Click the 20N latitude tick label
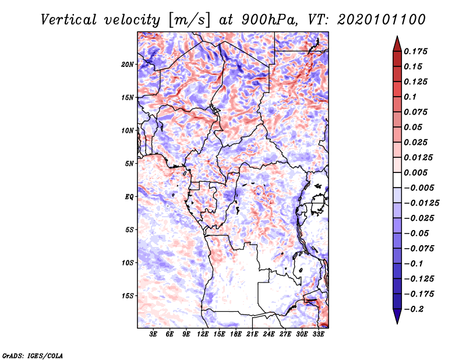(x=128, y=64)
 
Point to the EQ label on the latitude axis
(x=129, y=197)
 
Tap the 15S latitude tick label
(x=128, y=296)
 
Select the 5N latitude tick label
(x=129, y=164)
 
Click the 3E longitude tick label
(x=153, y=335)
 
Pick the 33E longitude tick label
(x=318, y=335)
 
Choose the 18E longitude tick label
(x=235, y=335)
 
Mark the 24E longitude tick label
(x=269, y=335)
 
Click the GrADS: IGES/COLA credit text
(x=32, y=355)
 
